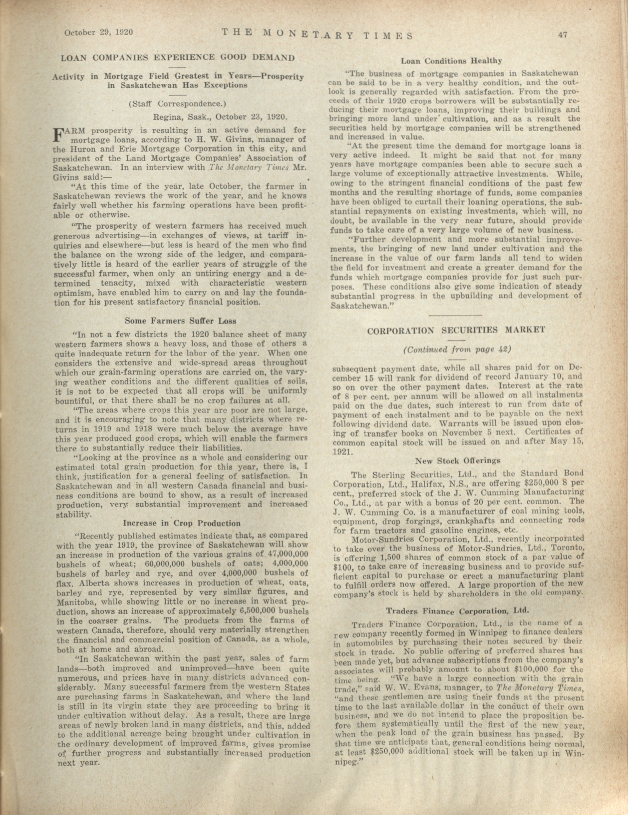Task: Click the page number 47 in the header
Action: pos(563,35)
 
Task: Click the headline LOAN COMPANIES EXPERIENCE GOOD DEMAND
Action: pos(178,58)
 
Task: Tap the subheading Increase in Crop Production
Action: pos(182,523)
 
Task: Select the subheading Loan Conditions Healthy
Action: pos(451,61)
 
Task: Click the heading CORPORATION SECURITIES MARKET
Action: pos(457,330)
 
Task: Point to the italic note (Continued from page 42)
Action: pos(457,350)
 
